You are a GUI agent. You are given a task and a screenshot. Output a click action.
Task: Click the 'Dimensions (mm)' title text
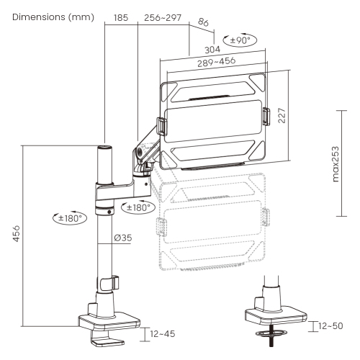(53, 17)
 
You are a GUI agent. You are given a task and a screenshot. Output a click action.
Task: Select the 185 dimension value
(121, 18)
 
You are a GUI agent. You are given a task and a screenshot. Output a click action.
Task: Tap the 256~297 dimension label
(163, 18)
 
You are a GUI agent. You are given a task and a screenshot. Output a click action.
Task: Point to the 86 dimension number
(204, 22)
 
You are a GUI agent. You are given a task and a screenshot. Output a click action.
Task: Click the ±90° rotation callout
(240, 40)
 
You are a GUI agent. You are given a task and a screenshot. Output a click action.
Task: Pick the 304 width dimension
(212, 50)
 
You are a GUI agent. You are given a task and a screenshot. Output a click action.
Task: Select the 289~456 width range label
(217, 62)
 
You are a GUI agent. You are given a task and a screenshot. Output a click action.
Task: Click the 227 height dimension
(282, 115)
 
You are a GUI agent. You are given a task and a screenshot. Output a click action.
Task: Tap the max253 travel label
(336, 164)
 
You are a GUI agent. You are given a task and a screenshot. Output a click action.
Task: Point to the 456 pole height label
(17, 233)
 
